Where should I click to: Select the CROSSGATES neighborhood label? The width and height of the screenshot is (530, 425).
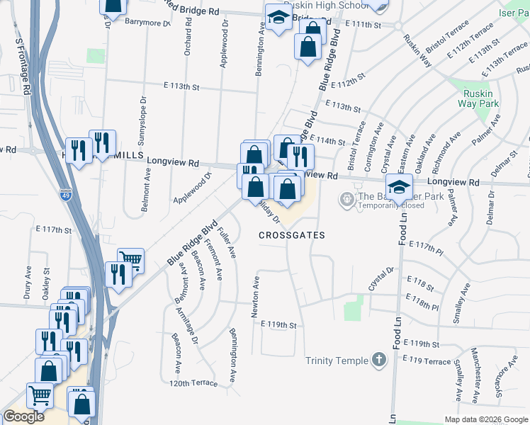291,235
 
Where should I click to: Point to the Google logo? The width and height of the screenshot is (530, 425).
24,416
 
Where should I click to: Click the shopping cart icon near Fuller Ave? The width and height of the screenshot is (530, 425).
130,260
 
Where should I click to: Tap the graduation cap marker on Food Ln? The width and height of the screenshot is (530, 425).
400,186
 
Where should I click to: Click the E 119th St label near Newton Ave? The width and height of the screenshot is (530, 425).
277,324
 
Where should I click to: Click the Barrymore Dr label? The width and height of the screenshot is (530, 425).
147,23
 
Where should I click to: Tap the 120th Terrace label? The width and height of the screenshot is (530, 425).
193,382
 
